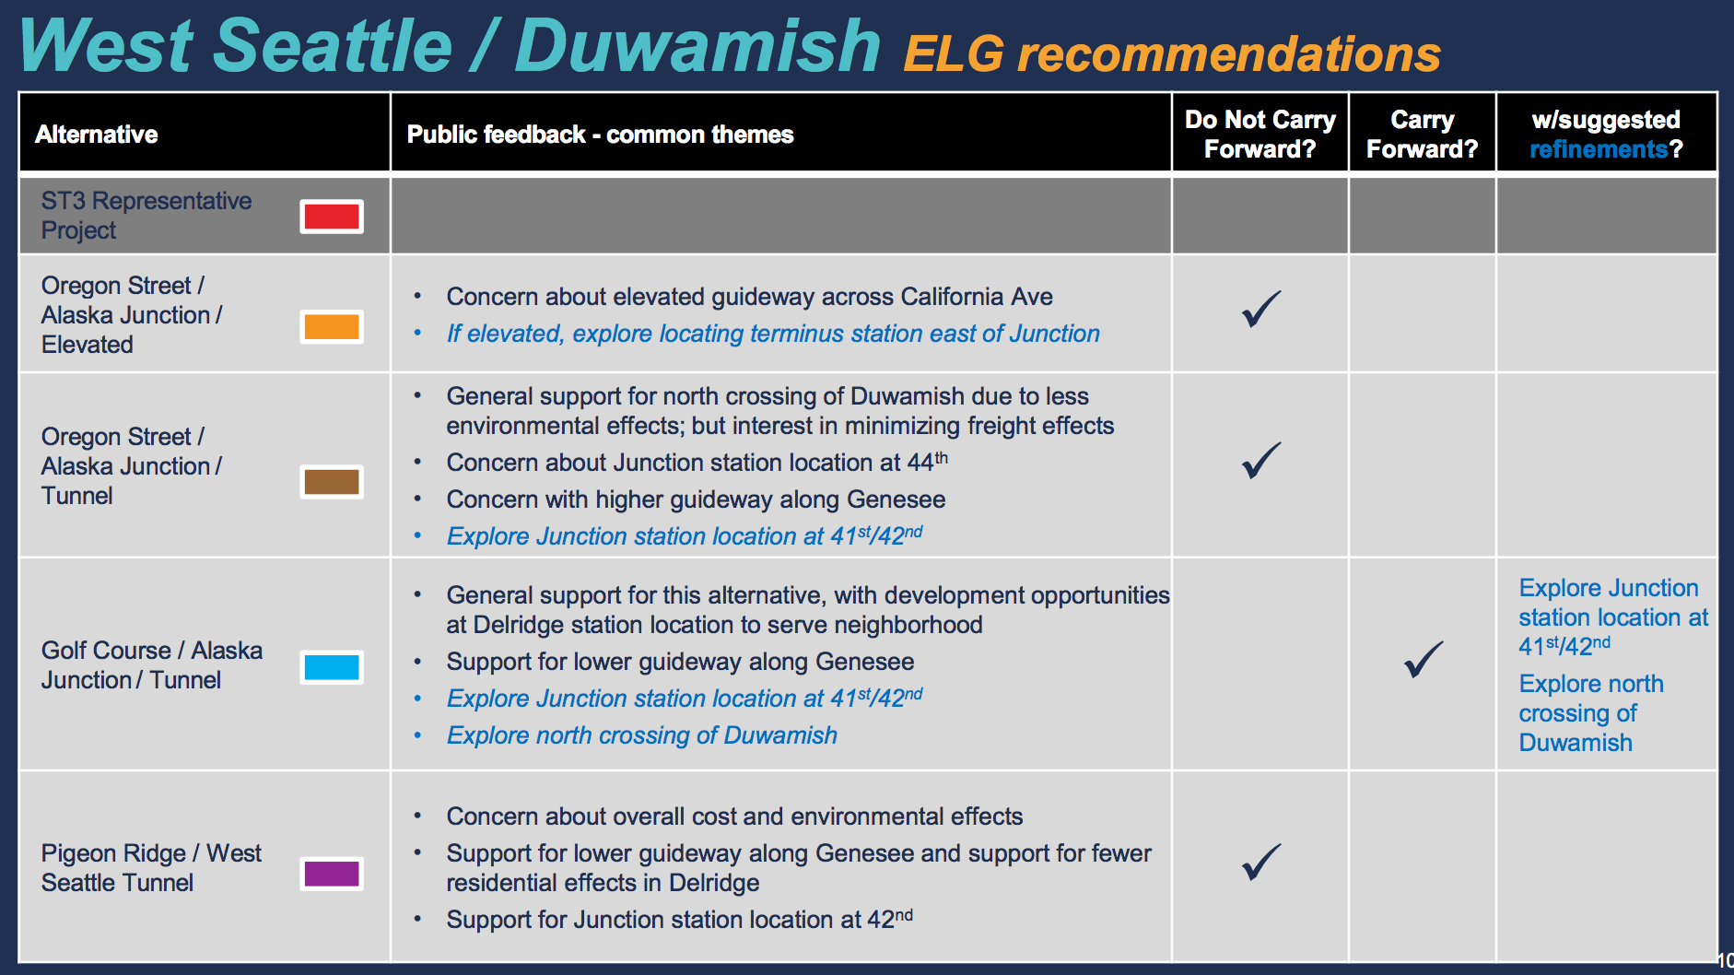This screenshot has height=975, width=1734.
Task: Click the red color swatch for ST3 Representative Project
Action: (332, 217)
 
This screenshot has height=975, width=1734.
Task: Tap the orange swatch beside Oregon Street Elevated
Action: (332, 327)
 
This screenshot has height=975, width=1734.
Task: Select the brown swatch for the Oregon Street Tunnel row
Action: (332, 481)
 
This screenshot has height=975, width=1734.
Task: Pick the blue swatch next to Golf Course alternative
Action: (332, 667)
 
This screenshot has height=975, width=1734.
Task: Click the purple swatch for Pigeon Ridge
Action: (332, 874)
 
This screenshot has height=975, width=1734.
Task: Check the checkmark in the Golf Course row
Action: (1423, 660)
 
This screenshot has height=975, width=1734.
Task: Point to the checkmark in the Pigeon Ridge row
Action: (1260, 863)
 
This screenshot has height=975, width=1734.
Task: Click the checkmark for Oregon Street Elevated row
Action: (1260, 310)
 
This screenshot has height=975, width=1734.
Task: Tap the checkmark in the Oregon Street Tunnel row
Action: (1260, 461)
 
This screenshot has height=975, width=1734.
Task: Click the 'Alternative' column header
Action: (97, 135)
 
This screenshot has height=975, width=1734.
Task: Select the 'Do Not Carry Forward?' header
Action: (1259, 135)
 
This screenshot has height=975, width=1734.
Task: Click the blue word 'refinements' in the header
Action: (1599, 149)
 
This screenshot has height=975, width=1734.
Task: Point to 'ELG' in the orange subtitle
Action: (954, 54)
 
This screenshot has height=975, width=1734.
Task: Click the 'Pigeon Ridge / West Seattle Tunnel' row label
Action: (151, 868)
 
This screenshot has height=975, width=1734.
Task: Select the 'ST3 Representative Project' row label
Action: (146, 216)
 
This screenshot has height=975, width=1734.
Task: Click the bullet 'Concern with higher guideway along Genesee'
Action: (696, 499)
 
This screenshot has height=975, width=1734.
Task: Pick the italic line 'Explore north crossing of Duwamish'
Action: (641, 735)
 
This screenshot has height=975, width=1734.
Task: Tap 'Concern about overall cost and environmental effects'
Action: (734, 816)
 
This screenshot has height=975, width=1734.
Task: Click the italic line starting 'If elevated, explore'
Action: (772, 334)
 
